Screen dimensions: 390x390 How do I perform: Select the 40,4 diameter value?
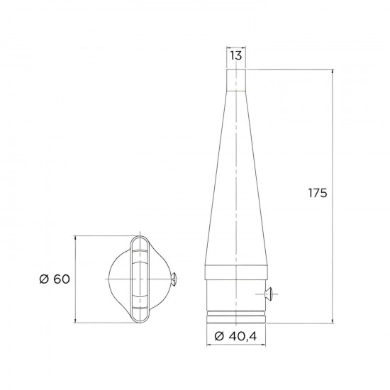tap(245, 335)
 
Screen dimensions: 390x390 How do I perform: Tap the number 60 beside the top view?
tap(61, 279)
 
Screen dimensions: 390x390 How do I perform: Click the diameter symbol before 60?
tap(44, 279)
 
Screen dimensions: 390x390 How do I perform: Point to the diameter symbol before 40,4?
tap(218, 335)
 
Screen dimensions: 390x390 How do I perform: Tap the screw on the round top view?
tap(174, 279)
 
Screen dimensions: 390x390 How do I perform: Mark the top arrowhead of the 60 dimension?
tap(77, 238)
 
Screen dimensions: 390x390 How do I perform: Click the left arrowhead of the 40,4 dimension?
tap(208, 345)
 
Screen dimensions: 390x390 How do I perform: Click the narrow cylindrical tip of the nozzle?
tap(237, 78)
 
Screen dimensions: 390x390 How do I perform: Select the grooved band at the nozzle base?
tap(237, 315)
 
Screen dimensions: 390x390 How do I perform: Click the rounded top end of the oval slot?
tap(140, 241)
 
